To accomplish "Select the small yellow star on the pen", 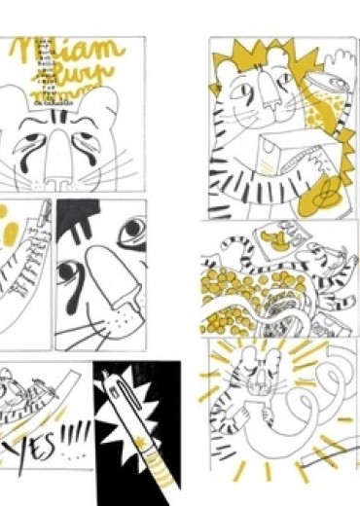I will pos(145,454).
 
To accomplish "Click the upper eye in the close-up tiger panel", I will pos(131,230).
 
